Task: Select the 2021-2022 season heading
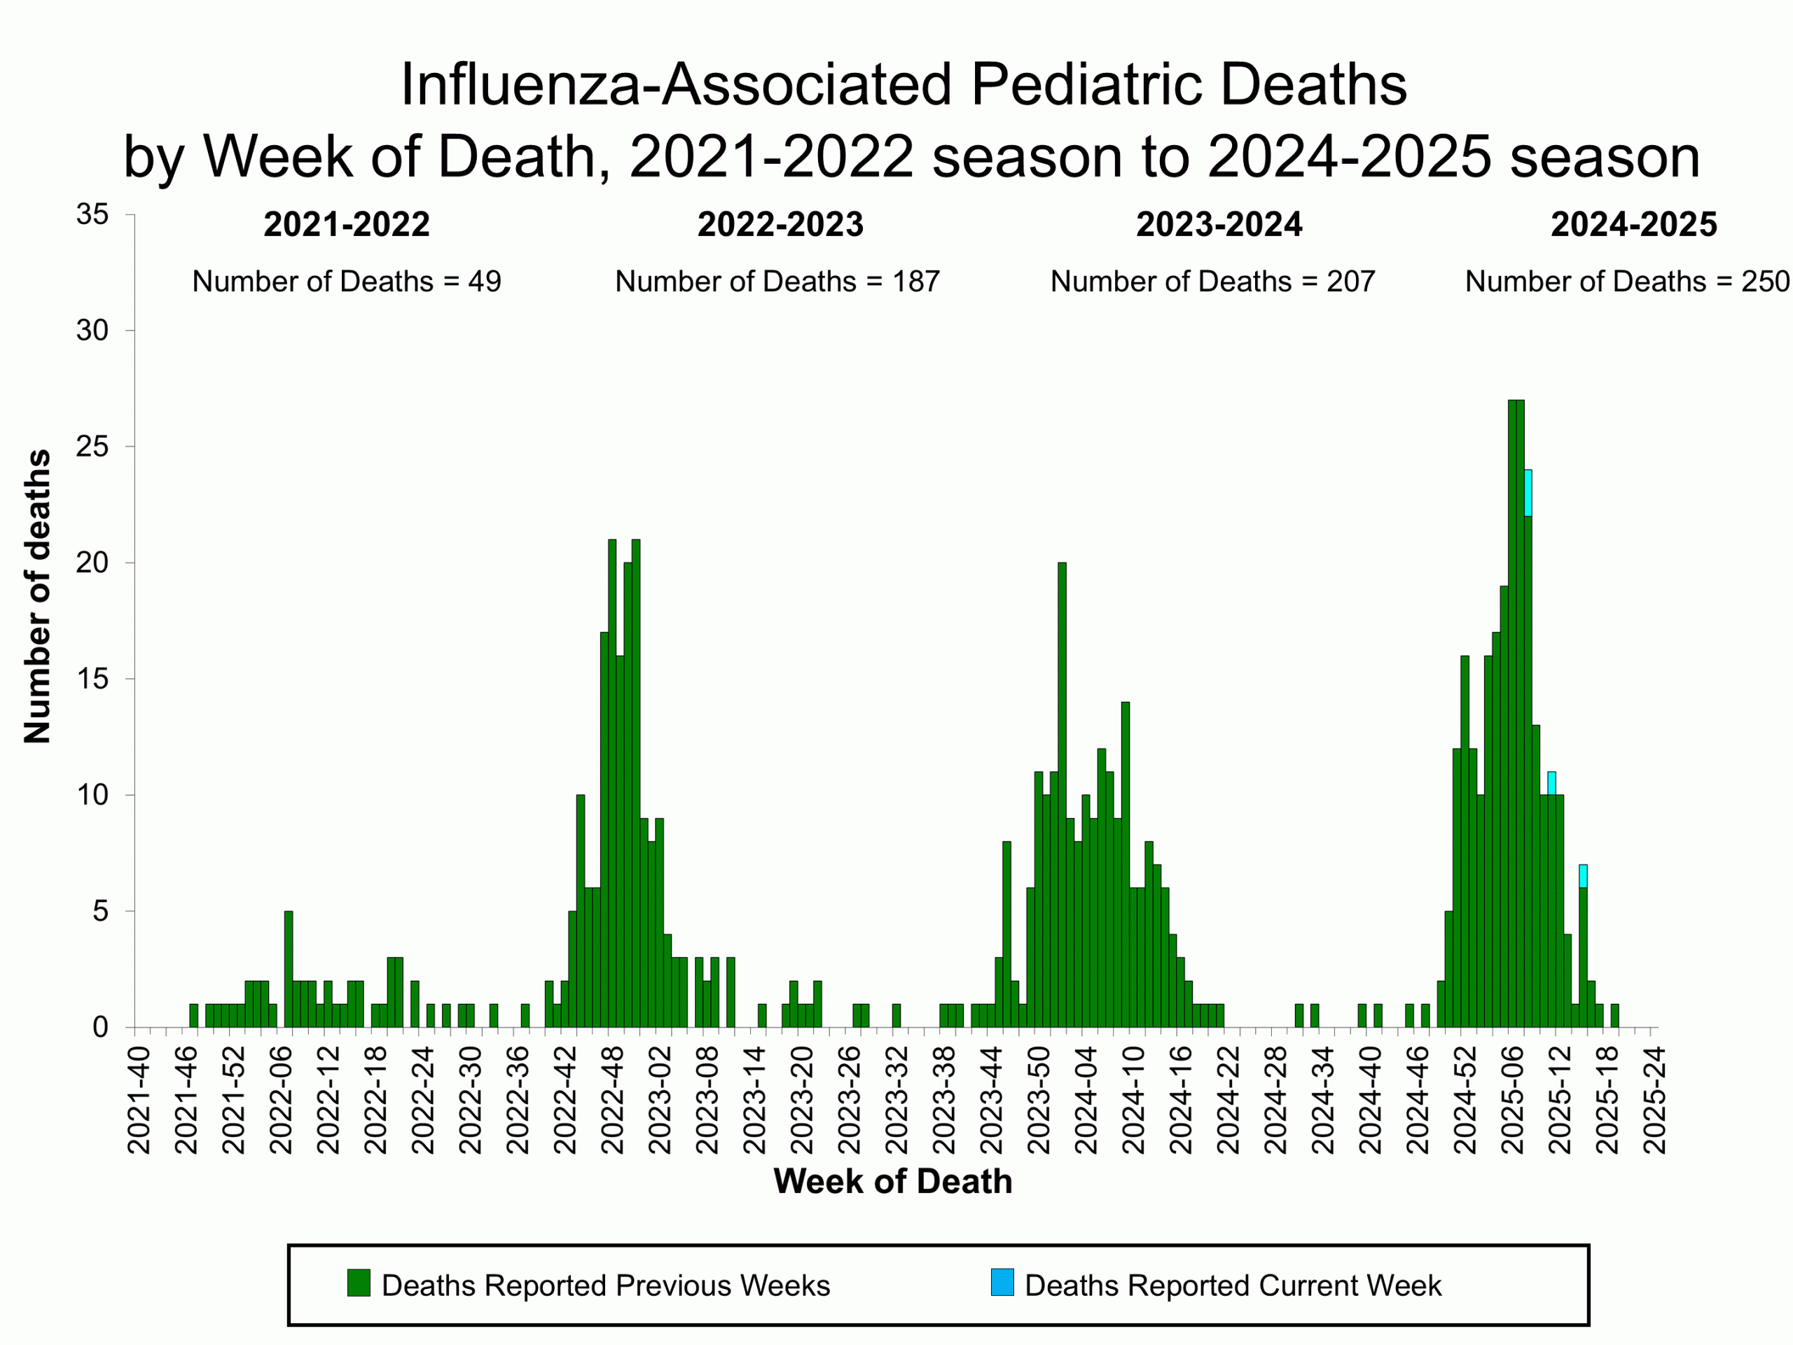coord(346,225)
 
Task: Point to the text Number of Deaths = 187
coord(777,282)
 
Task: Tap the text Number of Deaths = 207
coord(1212,282)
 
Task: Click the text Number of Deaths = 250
coord(1627,282)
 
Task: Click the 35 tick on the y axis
coord(92,215)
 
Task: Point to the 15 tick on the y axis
coord(92,680)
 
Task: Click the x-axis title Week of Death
coord(892,1181)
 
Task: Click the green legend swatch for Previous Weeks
coord(359,1283)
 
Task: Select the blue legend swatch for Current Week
coord(1002,1283)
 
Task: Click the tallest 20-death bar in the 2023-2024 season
coord(1062,794)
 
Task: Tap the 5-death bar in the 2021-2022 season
coord(289,969)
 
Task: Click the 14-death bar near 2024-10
coord(1125,864)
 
